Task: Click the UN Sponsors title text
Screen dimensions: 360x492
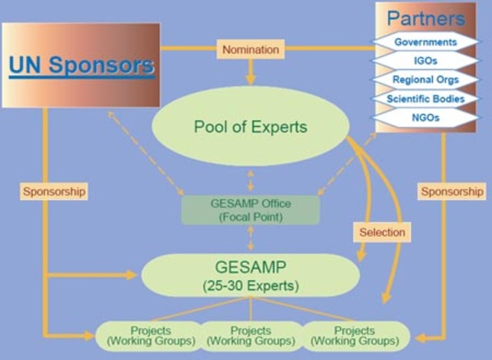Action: (81, 65)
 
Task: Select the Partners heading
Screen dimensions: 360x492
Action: (425, 18)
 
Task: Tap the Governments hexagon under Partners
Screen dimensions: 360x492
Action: (425, 42)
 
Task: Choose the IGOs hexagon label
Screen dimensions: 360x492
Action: (425, 60)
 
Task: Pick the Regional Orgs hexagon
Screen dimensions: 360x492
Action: (425, 79)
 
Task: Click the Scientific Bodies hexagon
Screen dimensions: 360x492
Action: (425, 98)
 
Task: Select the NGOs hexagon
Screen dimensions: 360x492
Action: (425, 118)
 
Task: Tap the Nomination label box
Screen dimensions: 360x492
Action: (250, 49)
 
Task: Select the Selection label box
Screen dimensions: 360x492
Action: (381, 231)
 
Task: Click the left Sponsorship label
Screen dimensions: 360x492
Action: (53, 190)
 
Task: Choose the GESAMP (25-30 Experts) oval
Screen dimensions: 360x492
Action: (250, 274)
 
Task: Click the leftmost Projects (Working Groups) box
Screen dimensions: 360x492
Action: (145, 336)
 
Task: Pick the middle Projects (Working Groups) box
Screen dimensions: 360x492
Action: (251, 336)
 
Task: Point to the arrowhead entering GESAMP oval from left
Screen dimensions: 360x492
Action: (131, 274)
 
